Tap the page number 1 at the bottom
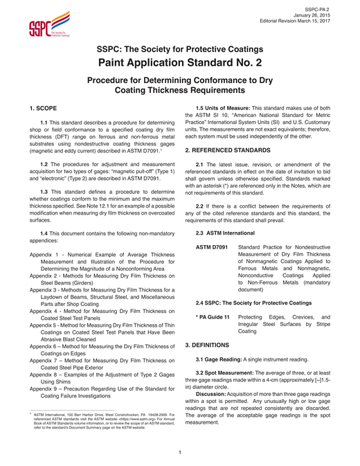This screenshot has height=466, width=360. click(x=180, y=453)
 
